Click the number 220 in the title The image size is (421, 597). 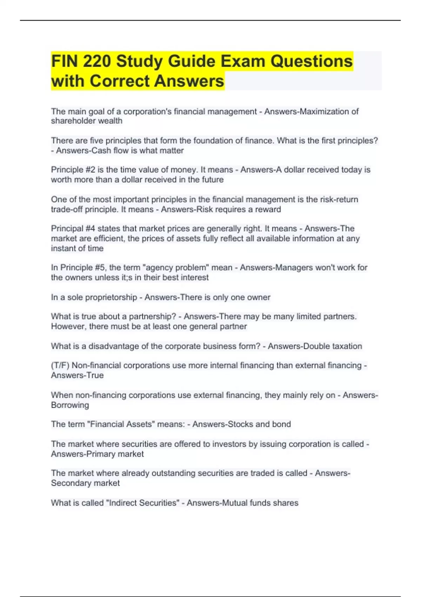(x=96, y=61)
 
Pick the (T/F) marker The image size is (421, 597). (x=60, y=366)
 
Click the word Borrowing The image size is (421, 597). (x=70, y=405)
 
